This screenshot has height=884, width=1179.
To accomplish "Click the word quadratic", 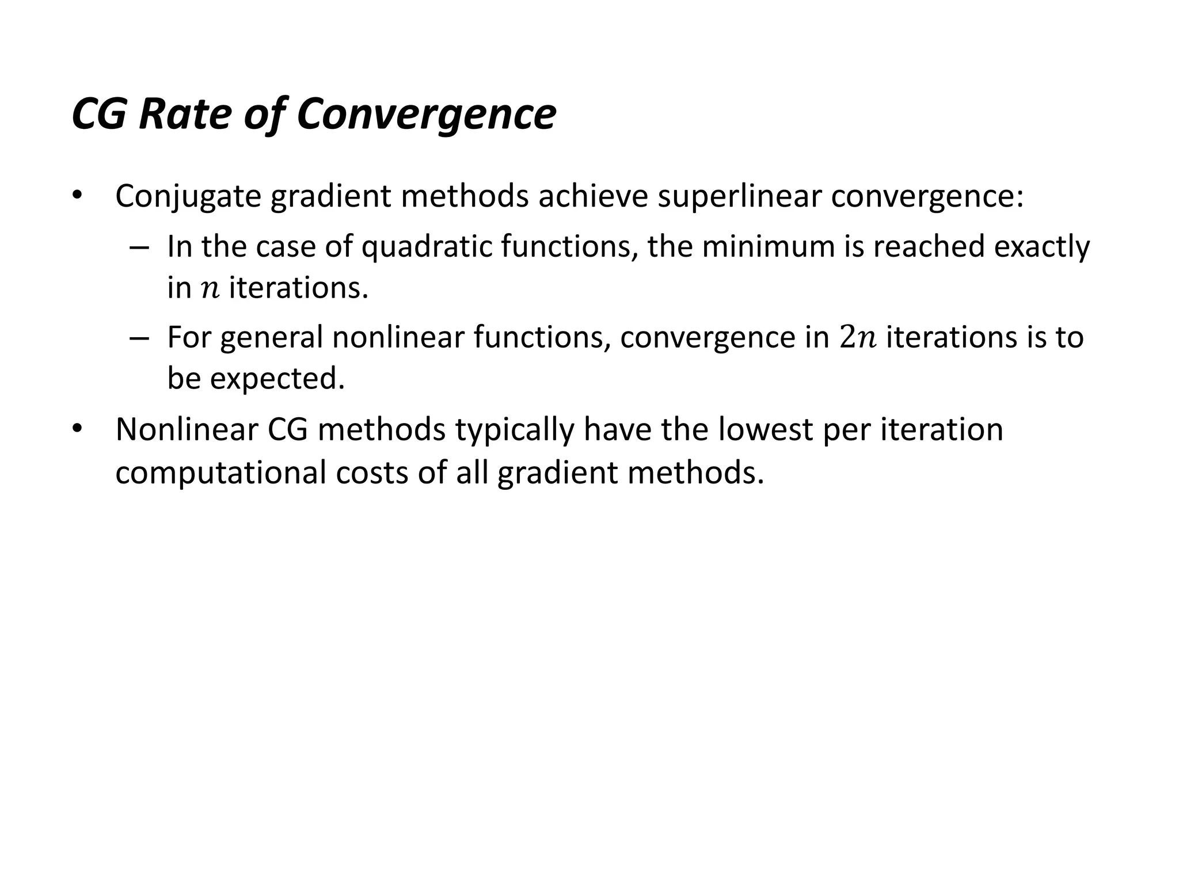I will [x=427, y=247].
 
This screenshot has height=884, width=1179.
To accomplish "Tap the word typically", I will [x=515, y=430].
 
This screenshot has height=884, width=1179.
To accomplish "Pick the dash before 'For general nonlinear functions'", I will [x=139, y=338].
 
